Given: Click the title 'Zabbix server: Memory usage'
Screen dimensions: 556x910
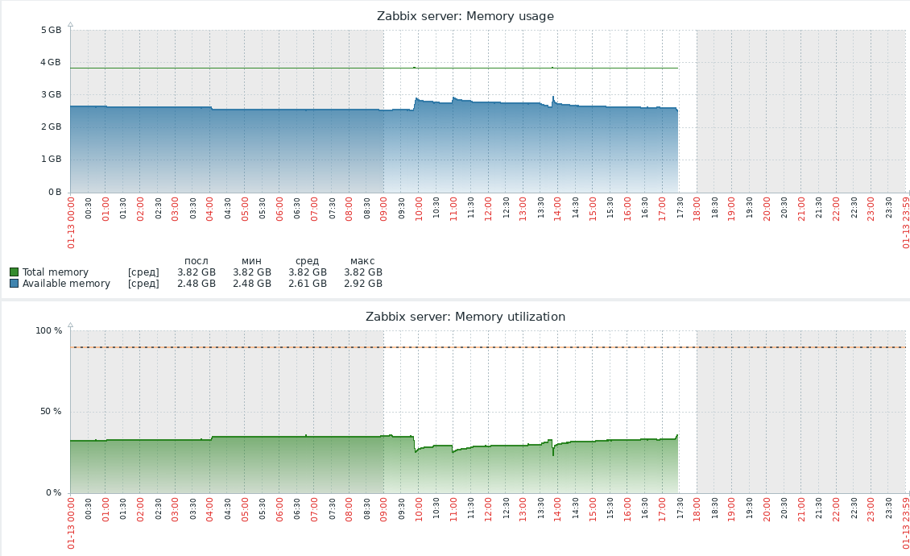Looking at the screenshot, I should [x=465, y=16].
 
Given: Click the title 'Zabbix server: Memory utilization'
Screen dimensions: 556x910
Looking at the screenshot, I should [x=465, y=317].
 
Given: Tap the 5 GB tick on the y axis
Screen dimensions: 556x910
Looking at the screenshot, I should [x=51, y=30].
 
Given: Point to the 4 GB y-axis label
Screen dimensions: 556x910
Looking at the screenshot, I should [x=51, y=62].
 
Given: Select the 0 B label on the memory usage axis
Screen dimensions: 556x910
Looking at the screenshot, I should [x=55, y=192].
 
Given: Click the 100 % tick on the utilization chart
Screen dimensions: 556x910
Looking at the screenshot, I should [x=48, y=330].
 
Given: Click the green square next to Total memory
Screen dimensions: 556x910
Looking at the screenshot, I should [x=14, y=272].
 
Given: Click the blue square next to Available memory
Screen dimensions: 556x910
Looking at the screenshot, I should [x=14, y=284].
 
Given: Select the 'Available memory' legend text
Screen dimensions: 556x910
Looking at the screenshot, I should [x=66, y=284].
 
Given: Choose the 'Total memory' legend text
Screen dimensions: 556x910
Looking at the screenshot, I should [x=56, y=272].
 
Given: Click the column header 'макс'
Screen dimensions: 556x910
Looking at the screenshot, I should [x=362, y=260].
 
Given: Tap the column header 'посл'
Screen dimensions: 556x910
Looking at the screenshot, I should [x=196, y=260].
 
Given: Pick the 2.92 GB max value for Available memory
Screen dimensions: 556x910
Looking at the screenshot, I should [x=362, y=284].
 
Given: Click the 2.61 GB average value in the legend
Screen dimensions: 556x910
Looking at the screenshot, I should [x=308, y=284].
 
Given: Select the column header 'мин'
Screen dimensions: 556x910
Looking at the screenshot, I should [x=251, y=260].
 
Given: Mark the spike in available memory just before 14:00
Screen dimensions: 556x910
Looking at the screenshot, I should [x=553, y=98].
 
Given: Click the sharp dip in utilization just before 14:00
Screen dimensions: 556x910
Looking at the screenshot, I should [x=553, y=454].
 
